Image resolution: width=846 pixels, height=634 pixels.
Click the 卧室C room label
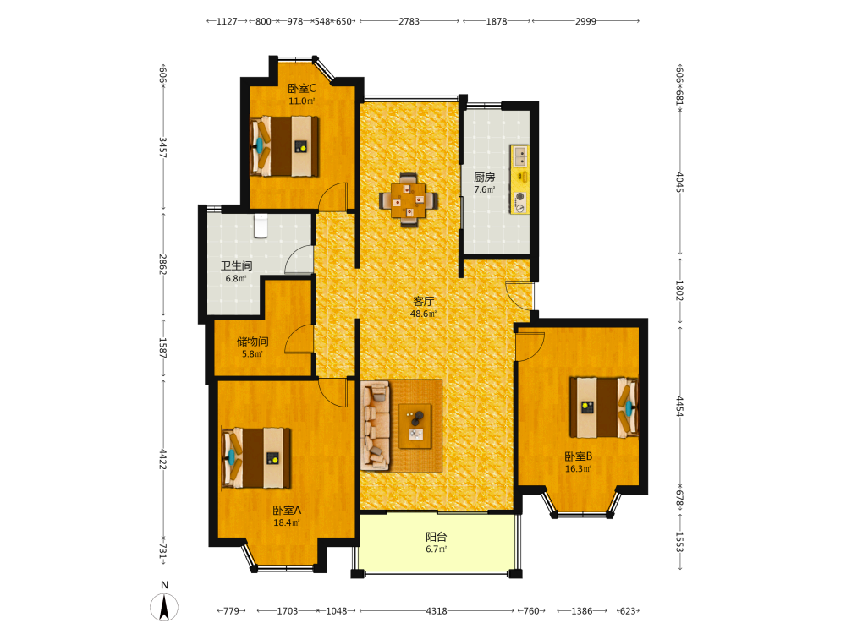302,89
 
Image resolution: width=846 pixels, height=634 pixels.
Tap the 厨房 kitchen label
485,177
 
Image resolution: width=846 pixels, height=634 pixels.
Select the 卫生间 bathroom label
236,265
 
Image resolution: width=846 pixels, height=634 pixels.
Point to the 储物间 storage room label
252,342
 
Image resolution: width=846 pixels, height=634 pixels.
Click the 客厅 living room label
424,301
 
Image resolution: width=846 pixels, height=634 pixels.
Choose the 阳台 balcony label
437,537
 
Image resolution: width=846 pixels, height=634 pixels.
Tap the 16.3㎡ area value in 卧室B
579,469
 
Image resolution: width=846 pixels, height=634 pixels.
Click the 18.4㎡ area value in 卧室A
287,522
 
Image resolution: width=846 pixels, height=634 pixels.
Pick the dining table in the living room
409,200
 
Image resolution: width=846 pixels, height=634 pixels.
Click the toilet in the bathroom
261,226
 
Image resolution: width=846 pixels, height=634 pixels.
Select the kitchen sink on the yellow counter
520,156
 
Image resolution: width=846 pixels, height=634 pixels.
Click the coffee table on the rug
415,426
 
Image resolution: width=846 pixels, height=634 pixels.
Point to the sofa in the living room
376,426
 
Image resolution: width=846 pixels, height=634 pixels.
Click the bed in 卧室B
604,407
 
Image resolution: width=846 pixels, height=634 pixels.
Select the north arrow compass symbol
164,607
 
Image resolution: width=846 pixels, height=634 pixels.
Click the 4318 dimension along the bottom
437,611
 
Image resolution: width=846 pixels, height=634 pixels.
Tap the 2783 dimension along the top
409,21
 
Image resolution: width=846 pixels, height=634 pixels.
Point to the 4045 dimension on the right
680,183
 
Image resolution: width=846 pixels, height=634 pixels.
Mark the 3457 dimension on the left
163,147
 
